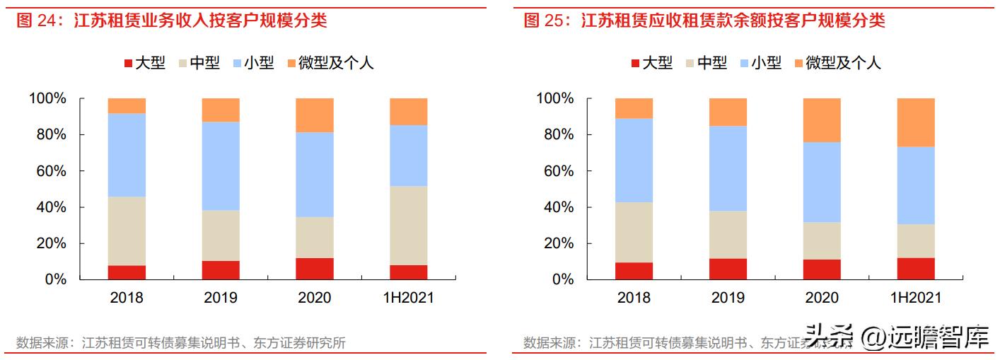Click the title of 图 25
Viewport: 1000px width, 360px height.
[704, 21]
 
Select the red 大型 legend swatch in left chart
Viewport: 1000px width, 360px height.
[128, 64]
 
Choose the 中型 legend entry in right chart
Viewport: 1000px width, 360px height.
[705, 64]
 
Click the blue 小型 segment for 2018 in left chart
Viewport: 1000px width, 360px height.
[127, 154]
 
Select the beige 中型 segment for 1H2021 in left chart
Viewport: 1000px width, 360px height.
[408, 225]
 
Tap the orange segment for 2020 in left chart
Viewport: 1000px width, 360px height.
[315, 115]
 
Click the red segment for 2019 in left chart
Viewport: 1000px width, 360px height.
[221, 270]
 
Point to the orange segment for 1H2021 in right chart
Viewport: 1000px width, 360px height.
[916, 122]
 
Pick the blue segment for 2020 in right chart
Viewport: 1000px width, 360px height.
[822, 182]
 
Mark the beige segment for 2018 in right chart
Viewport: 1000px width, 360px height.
[634, 232]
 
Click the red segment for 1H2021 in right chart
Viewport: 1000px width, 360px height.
[916, 269]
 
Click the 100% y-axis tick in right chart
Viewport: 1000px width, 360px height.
[556, 98]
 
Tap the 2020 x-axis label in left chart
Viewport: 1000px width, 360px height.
[315, 298]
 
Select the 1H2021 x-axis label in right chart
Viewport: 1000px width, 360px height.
[916, 298]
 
